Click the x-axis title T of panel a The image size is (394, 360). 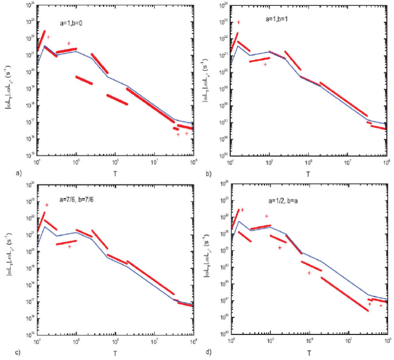point(116,174)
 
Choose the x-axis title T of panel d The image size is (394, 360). point(310,353)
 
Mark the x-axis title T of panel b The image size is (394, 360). point(310,174)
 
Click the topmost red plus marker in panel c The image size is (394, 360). point(47,205)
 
